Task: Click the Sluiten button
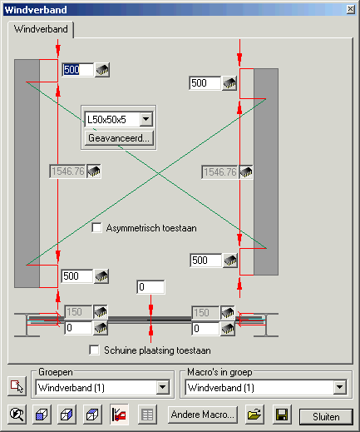coord(326,416)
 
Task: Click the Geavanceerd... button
coord(119,138)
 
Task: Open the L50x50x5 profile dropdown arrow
coord(146,119)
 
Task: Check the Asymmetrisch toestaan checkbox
coord(96,228)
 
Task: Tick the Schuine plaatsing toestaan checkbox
coord(94,350)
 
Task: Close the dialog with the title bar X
coord(351,9)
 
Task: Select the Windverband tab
coord(41,29)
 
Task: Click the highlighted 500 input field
coord(77,69)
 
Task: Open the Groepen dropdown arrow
coord(163,387)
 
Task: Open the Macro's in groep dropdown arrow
coord(340,387)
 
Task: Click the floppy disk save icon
coord(282,415)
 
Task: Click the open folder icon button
coord(254,415)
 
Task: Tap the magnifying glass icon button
coord(17,415)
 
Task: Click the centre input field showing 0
coord(150,287)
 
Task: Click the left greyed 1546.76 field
coord(67,171)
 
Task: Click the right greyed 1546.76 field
coord(219,172)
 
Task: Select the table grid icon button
coord(147,415)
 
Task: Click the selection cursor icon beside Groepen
coord(17,386)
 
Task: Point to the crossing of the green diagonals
coord(158,173)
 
